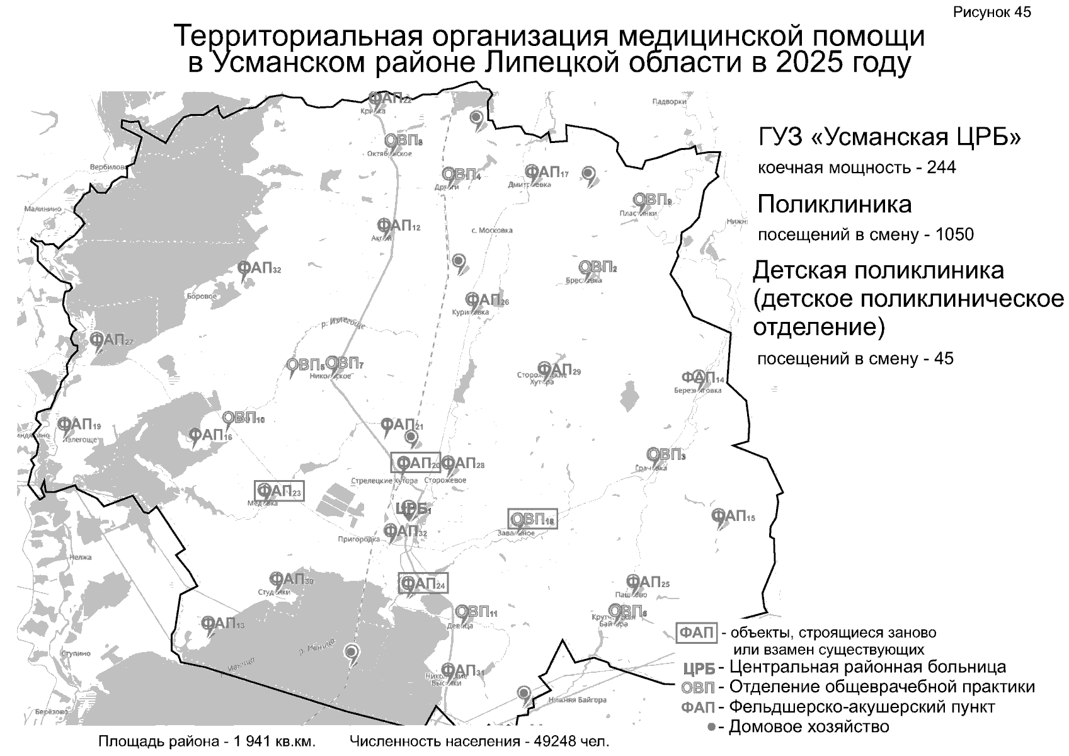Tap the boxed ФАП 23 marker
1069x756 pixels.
click(279, 491)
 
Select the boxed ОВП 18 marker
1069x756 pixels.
click(532, 520)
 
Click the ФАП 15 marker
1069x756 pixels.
click(733, 517)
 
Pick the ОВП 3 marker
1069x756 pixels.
click(665, 455)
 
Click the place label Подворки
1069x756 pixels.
click(669, 101)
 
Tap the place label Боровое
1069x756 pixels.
click(202, 296)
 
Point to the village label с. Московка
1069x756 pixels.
click(492, 231)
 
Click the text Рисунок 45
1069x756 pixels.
click(992, 13)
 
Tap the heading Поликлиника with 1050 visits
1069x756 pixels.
click(834, 205)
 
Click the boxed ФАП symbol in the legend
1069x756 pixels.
click(696, 633)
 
